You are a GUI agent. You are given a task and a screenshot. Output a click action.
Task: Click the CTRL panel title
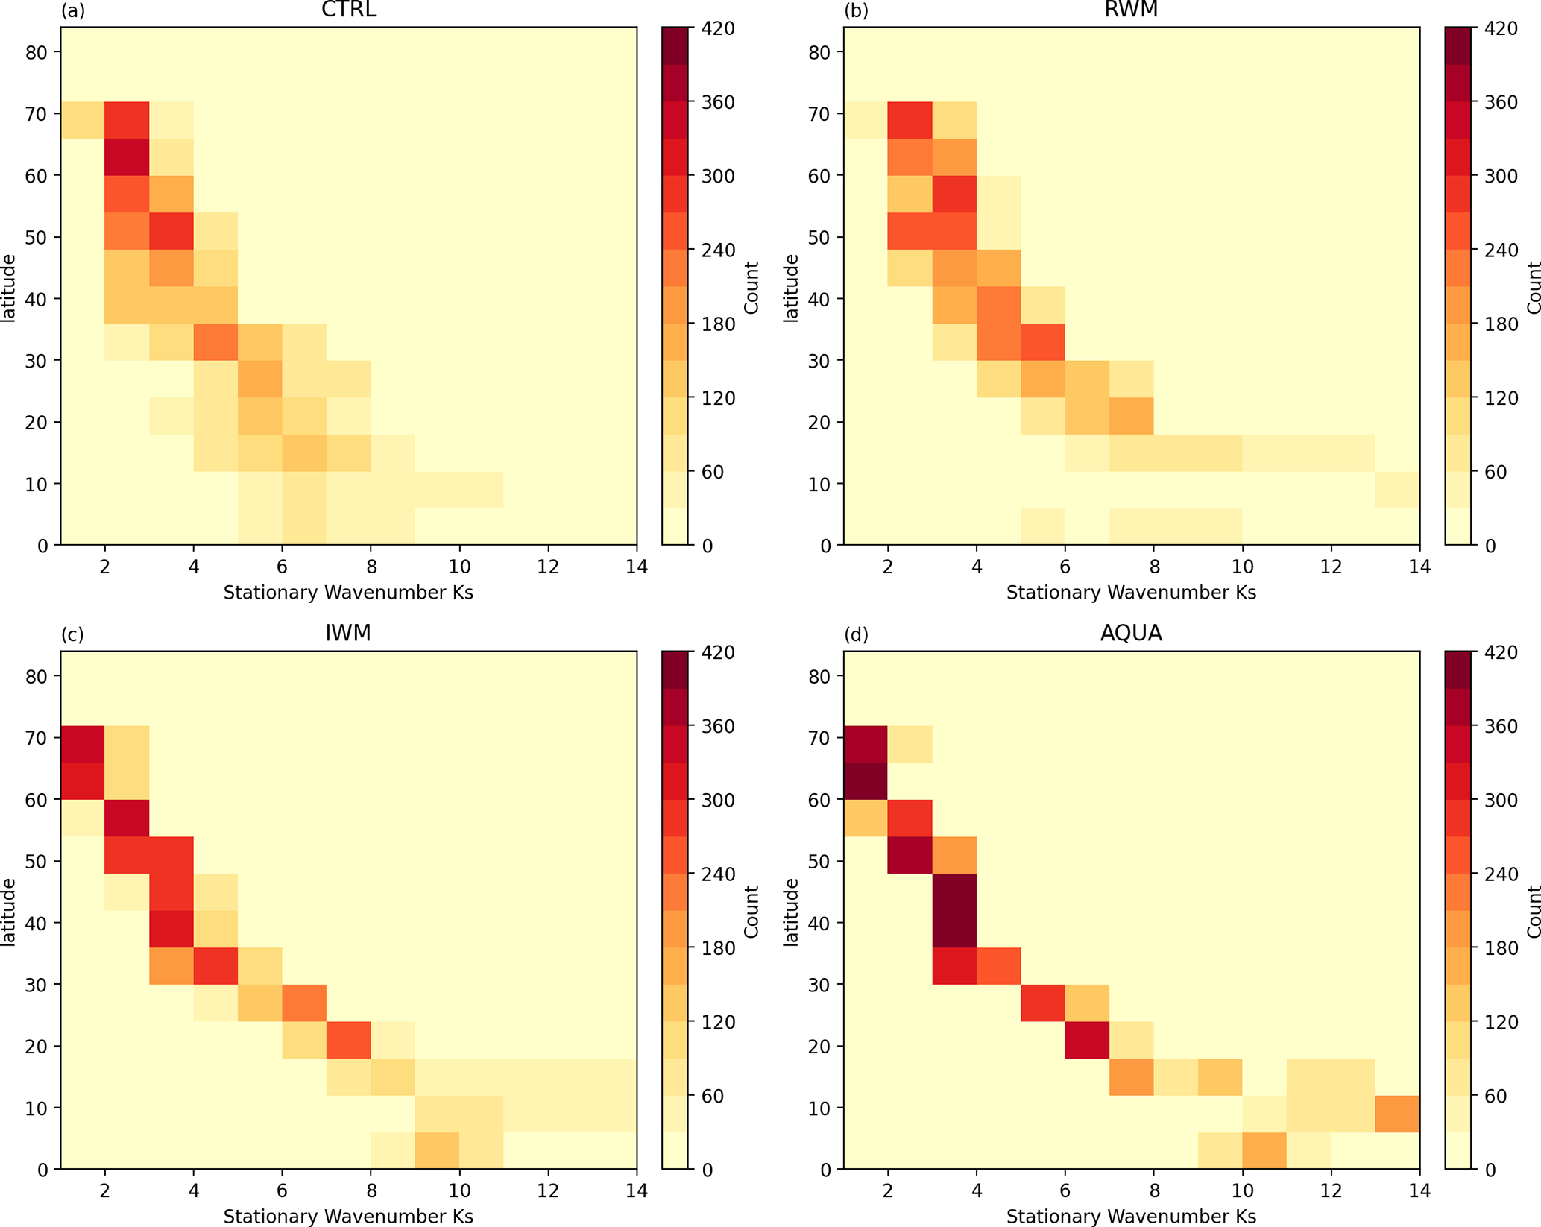pos(348,10)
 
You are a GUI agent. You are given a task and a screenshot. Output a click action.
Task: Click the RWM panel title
pos(1131,10)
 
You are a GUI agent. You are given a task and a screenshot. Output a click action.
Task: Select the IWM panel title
pos(348,634)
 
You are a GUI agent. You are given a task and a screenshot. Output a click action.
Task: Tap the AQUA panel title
pos(1131,634)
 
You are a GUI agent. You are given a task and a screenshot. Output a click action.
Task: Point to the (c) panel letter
pos(72,634)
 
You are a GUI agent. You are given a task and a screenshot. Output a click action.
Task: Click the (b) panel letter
pos(855,10)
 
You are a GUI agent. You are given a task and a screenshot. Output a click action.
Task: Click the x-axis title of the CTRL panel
pos(348,593)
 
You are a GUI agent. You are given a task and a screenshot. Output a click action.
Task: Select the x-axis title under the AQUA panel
pos(1131,1217)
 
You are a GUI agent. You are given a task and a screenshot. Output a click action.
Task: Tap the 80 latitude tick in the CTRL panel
pos(40,52)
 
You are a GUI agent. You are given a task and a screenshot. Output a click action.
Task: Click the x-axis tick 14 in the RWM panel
pos(1419,567)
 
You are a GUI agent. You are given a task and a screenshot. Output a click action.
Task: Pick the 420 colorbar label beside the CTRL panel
pos(719,28)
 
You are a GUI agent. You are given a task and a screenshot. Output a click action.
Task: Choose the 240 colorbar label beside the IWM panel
pos(719,874)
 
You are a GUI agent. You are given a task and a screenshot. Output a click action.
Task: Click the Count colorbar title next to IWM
pos(751,911)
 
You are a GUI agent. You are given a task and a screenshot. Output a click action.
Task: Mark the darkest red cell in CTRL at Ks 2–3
pos(127,157)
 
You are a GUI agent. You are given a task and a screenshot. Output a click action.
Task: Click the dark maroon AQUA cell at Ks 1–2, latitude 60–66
pos(866,780)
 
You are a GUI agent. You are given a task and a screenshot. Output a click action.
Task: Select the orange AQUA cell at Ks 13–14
pos(1397,1114)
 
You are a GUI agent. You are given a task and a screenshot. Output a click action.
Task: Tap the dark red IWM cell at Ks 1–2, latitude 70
pos(82,744)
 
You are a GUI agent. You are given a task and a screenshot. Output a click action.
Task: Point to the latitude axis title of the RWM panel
pos(791,288)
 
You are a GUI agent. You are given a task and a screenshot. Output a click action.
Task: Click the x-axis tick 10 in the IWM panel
pos(459,1190)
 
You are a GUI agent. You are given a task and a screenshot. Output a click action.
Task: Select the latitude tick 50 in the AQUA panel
pos(823,861)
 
